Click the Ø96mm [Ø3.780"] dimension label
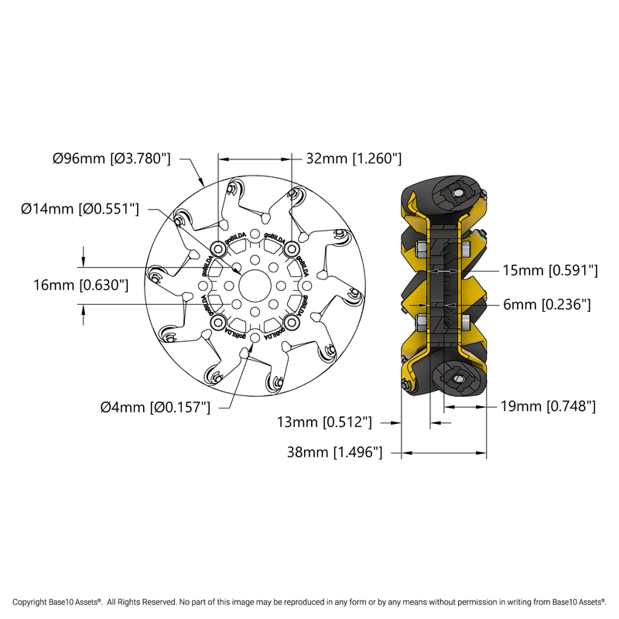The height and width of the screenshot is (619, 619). point(111,159)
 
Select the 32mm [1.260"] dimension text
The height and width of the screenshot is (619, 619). point(354,159)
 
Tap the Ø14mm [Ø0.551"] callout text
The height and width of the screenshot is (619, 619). point(80,208)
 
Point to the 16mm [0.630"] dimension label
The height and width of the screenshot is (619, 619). point(80,285)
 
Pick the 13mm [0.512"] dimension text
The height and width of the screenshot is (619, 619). point(326,422)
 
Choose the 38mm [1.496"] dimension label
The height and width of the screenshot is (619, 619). point(335,452)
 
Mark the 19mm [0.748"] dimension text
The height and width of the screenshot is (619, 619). point(547,405)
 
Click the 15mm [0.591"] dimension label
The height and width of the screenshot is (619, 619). point(550,271)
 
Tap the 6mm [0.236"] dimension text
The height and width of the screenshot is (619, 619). point(546,305)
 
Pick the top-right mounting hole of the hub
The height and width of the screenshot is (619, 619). point(291,248)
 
